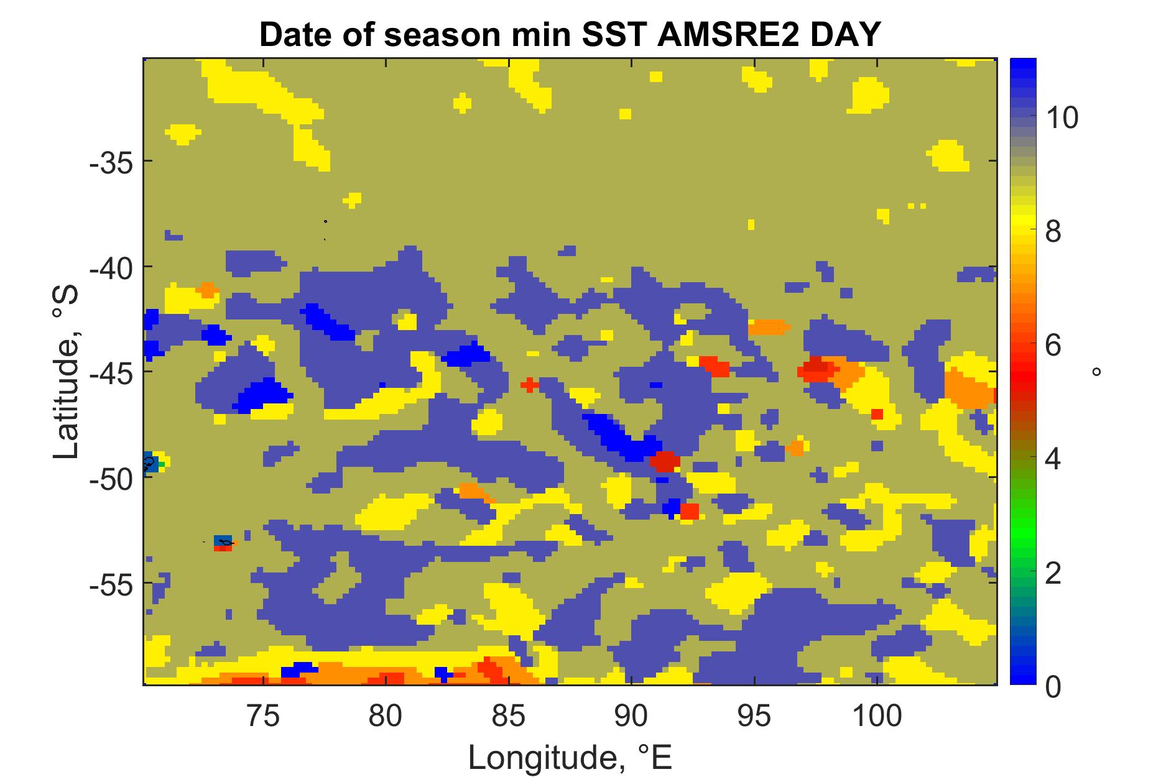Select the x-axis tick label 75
click(264, 716)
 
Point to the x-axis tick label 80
click(386, 716)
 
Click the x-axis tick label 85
click(509, 716)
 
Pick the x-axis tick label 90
click(631, 716)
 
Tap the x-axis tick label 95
click(754, 716)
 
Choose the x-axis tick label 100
click(876, 716)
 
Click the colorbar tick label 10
click(1061, 117)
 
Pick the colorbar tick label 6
click(1052, 346)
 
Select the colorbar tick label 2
click(1052, 574)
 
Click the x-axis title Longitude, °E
click(570, 757)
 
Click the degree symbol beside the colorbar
click(1096, 372)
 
